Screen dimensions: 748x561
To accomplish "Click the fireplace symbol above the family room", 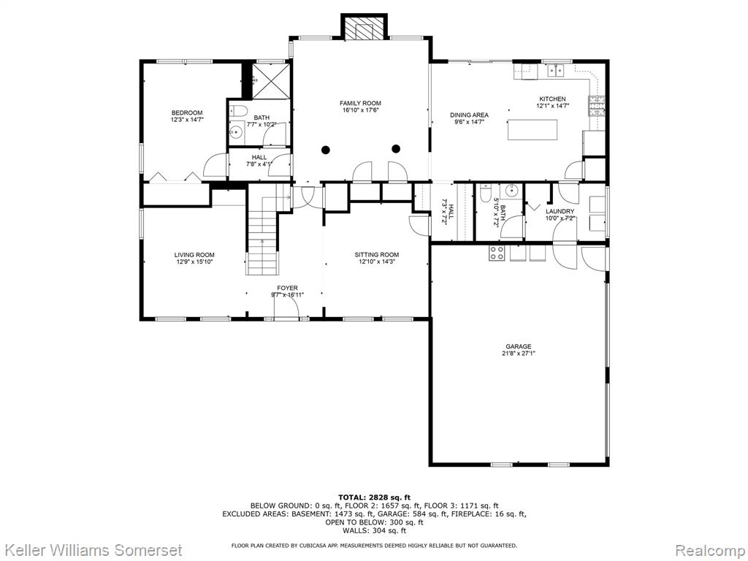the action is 364,28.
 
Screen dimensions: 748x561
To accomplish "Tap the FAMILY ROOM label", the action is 360,103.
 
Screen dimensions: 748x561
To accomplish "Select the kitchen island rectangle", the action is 533,130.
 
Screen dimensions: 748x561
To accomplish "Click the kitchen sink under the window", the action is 555,71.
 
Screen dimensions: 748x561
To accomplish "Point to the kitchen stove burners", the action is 598,107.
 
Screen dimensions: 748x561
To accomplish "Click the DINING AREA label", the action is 470,115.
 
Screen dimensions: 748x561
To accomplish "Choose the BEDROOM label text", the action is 187,113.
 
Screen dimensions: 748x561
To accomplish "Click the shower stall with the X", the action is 270,81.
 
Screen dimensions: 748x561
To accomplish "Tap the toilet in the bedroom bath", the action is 237,111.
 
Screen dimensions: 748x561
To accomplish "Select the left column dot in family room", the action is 325,149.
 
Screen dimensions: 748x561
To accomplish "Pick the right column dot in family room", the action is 395,148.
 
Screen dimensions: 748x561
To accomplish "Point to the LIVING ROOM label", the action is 194,255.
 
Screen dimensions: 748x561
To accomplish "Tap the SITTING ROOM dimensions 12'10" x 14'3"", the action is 377,262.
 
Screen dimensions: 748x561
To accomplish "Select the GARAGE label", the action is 519,347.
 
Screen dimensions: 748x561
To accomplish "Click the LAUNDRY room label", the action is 560,211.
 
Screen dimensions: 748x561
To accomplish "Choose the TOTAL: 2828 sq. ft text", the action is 375,497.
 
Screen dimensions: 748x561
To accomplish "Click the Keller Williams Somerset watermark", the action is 91,550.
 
